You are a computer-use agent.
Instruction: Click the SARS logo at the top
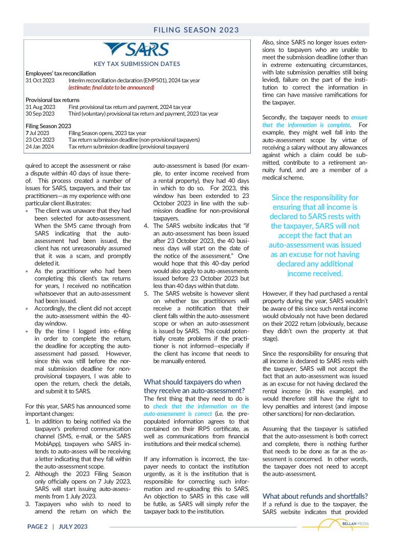(x=136, y=49)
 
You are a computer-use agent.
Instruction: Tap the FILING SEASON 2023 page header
(x=196, y=30)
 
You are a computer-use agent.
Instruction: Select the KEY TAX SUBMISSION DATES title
(x=137, y=64)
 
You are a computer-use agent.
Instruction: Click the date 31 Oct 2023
(x=40, y=80)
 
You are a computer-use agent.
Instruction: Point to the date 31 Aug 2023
(x=40, y=107)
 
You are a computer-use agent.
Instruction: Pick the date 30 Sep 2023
(x=40, y=114)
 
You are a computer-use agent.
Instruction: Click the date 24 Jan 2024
(x=40, y=146)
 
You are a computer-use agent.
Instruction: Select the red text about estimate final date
(x=111, y=87)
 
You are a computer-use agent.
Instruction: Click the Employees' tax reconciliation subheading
(x=60, y=74)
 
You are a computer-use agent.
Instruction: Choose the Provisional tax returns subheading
(x=53, y=100)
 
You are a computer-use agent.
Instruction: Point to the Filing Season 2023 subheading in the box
(x=49, y=126)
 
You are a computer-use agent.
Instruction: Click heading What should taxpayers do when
(x=192, y=382)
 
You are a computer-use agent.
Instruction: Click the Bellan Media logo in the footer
(x=336, y=525)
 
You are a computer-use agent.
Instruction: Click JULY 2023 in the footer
(x=73, y=526)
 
